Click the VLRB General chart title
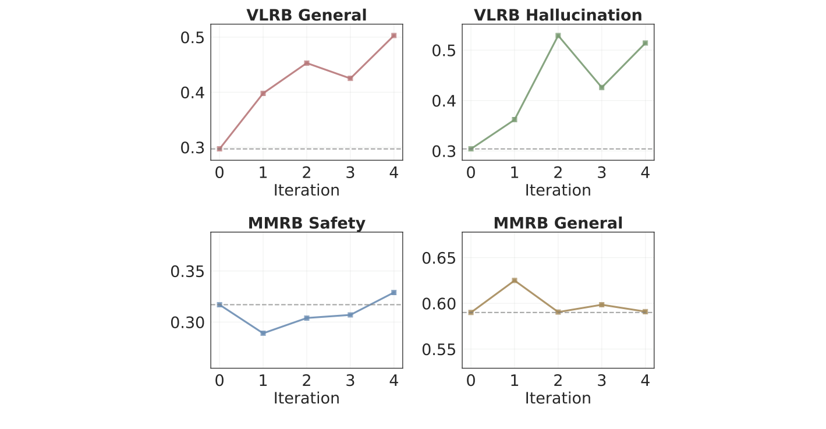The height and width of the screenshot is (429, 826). (x=307, y=15)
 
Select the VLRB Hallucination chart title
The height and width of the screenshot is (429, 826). (x=558, y=15)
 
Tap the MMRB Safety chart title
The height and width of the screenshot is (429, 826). (x=307, y=223)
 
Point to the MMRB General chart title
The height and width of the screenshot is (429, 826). (x=558, y=223)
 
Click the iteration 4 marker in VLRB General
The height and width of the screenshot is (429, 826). (x=394, y=36)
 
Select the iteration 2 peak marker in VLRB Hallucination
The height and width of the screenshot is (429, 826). (x=558, y=36)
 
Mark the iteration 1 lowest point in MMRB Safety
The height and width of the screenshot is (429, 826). (x=263, y=333)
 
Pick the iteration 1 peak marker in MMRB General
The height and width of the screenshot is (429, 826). (x=515, y=281)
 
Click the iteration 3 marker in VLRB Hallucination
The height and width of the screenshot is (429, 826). (x=602, y=87)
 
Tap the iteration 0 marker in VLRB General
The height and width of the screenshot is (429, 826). (x=219, y=149)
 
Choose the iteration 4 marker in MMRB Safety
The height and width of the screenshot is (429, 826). (x=394, y=292)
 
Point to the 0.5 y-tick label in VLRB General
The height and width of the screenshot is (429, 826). (x=192, y=37)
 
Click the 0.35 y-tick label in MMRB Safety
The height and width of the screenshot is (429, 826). (x=187, y=272)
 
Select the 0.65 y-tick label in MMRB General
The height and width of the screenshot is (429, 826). (x=439, y=258)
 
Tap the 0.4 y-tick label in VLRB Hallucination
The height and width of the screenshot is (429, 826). (x=444, y=101)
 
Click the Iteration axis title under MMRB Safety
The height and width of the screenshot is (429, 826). (x=307, y=398)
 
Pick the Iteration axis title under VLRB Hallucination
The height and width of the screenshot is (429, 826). (x=558, y=190)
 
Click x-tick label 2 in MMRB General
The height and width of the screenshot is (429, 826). (x=558, y=381)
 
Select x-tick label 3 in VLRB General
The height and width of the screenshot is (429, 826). (x=350, y=173)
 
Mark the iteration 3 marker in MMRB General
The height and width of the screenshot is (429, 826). (x=602, y=304)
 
